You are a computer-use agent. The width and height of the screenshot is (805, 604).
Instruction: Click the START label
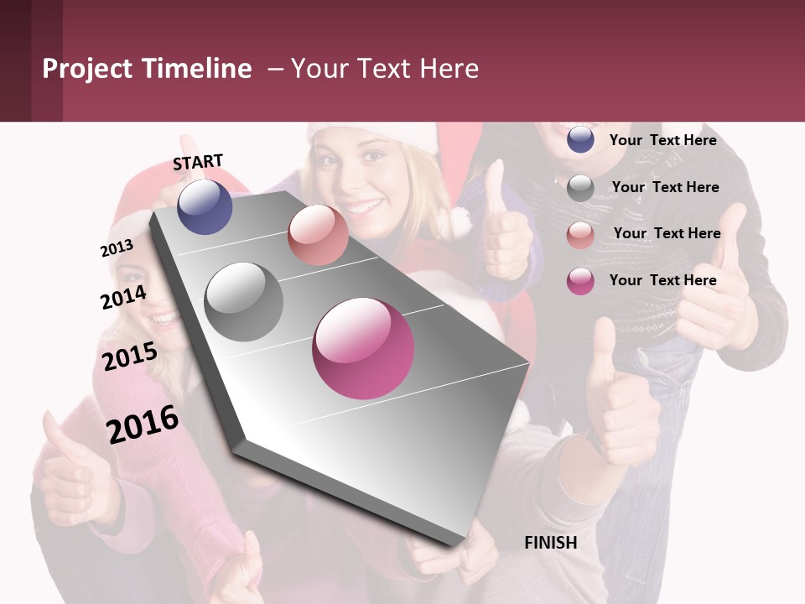[198, 162]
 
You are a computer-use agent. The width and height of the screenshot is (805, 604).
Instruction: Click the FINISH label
[550, 543]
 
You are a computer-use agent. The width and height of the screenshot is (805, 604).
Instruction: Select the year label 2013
[117, 248]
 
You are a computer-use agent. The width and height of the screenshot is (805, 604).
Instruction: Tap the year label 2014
[123, 297]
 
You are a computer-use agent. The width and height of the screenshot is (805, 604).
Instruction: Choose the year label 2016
[143, 424]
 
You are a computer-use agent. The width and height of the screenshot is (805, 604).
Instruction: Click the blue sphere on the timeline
[205, 206]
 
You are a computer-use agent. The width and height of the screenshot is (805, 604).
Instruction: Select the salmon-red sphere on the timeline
[318, 235]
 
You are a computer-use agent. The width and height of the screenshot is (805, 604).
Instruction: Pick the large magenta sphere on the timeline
[363, 348]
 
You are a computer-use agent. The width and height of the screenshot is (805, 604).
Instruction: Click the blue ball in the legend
[580, 139]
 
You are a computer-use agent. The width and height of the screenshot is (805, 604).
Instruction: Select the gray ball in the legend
[580, 188]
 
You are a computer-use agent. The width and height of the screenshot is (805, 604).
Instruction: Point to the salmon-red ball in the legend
[580, 235]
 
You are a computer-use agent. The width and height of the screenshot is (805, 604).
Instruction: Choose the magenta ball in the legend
[580, 281]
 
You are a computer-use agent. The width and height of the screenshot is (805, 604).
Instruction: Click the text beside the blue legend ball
[662, 140]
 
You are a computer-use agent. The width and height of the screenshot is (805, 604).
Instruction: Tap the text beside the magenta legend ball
[662, 280]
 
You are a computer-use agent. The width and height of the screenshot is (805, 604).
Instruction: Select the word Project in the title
[87, 69]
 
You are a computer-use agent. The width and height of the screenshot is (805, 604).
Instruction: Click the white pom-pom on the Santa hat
[459, 221]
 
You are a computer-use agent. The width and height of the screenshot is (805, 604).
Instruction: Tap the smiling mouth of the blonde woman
[363, 206]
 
